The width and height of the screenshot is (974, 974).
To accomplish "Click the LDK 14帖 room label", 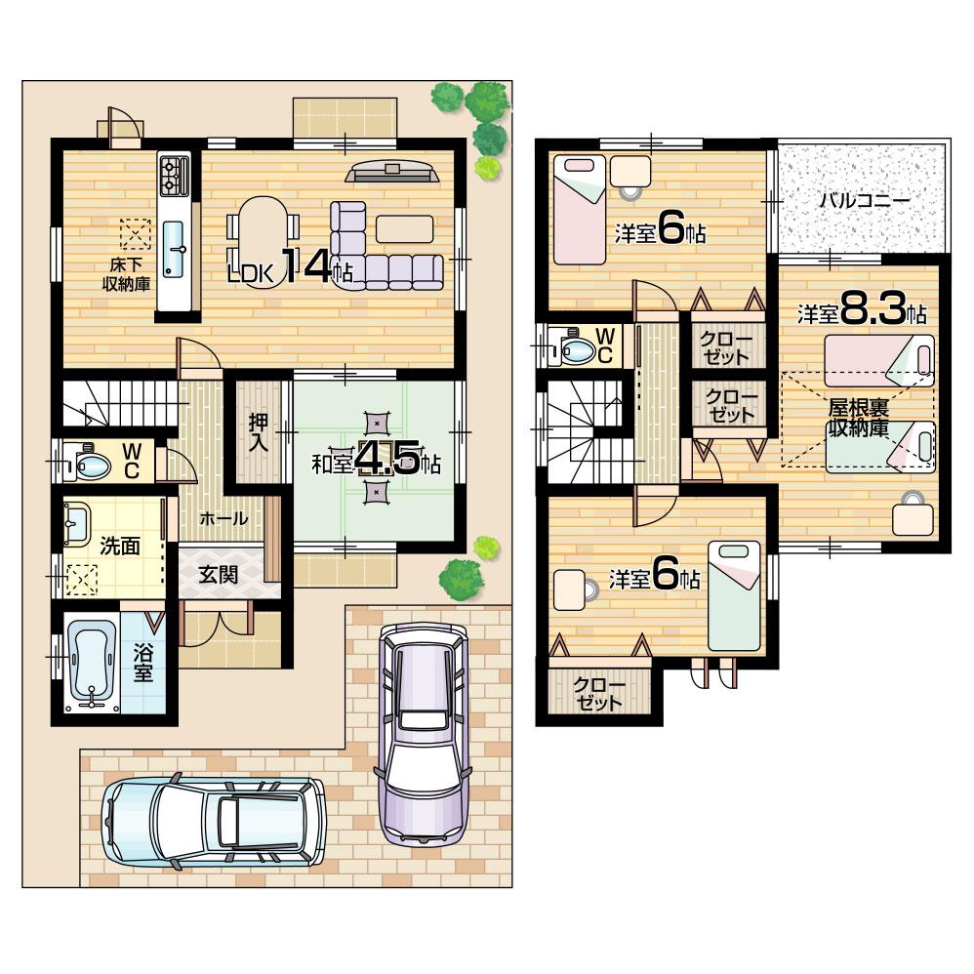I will pyautogui.click(x=289, y=268).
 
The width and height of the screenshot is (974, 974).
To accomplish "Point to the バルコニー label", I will pyautogui.click(x=863, y=200).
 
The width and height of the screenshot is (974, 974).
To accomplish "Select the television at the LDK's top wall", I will pyautogui.click(x=393, y=173).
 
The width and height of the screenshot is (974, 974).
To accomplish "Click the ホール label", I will pyautogui.click(x=223, y=519).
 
